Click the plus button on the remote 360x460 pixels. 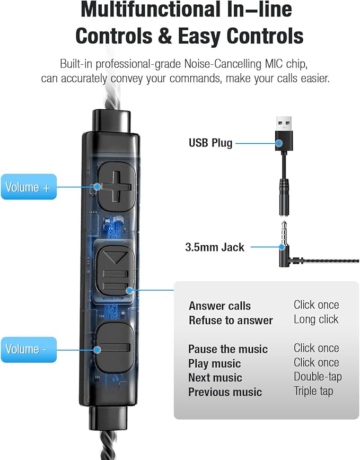click(x=117, y=187)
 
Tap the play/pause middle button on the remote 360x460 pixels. click(x=116, y=271)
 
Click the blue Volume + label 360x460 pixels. click(x=29, y=187)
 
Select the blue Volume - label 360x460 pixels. click(x=29, y=350)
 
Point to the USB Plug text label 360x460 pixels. click(x=210, y=143)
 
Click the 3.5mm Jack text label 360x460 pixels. click(x=215, y=247)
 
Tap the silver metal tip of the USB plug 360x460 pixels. click(x=284, y=124)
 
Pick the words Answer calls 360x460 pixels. click(x=219, y=306)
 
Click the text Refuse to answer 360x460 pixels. click(x=231, y=320)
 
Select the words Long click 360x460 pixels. click(x=316, y=319)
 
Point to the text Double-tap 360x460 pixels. click(x=318, y=377)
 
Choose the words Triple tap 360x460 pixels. click(x=313, y=391)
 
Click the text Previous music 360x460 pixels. click(x=225, y=392)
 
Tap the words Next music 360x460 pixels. click(x=215, y=378)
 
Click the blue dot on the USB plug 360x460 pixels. click(x=279, y=143)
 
